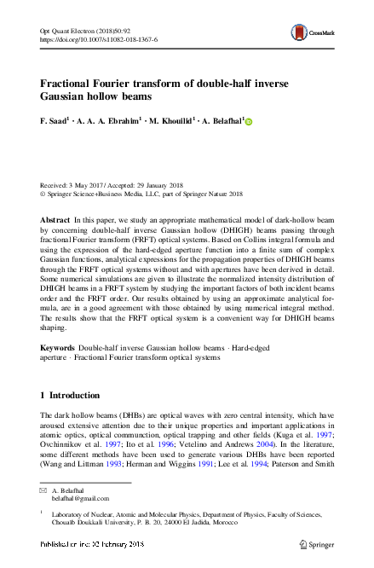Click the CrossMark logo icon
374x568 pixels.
[301, 32]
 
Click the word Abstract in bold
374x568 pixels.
[55, 220]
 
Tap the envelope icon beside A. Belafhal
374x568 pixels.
[43, 492]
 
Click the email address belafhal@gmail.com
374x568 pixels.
[78, 501]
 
